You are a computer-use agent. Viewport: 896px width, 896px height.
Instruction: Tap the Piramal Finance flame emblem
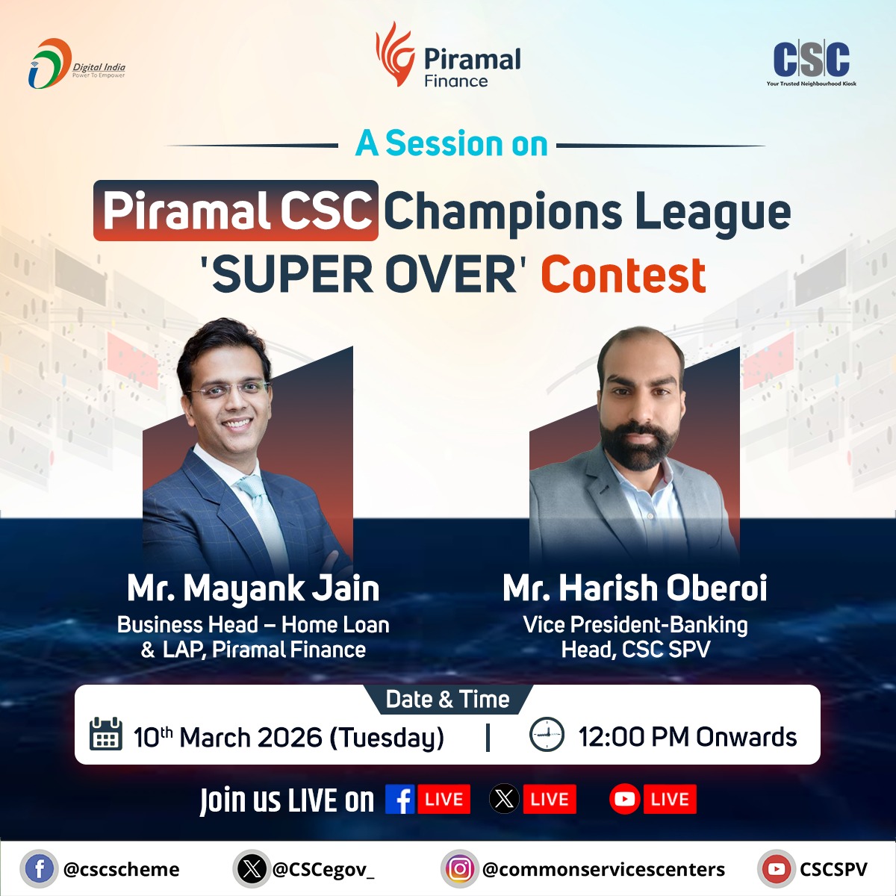[x=393, y=54]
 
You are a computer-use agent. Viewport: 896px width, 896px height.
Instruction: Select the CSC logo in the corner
[x=811, y=61]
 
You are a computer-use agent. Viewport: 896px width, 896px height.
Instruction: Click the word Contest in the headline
[x=623, y=275]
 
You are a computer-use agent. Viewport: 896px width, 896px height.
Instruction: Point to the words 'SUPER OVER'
[x=359, y=275]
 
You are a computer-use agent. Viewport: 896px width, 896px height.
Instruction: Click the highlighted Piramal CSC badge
[x=236, y=211]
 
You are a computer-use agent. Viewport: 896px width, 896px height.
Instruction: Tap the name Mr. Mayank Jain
[x=253, y=588]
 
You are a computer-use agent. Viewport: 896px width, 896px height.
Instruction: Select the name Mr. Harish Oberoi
[x=635, y=588]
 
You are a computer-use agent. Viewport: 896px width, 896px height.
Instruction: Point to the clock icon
[x=547, y=735]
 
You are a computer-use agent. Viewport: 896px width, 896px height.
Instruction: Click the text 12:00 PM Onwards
[x=687, y=737]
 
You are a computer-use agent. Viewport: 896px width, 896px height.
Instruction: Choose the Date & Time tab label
[x=447, y=700]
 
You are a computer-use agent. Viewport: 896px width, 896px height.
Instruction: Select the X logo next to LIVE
[x=504, y=800]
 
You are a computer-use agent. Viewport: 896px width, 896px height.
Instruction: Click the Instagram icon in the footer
[x=459, y=869]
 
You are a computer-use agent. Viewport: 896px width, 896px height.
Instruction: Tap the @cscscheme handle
[x=122, y=869]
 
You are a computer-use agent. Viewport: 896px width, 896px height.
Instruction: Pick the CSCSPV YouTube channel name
[x=833, y=869]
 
